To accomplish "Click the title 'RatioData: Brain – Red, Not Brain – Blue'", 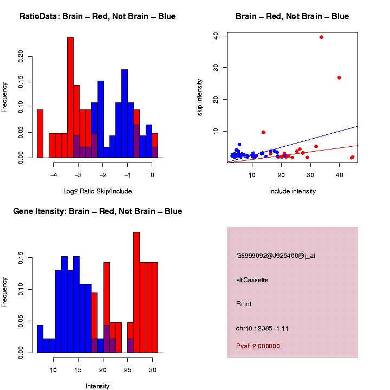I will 97,16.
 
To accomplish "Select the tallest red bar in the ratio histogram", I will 70,97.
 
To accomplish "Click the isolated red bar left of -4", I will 40,133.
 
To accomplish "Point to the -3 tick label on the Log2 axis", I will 77,175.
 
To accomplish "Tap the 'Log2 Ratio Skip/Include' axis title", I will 97,191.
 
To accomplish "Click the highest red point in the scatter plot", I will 322,37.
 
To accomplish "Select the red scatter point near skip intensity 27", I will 339,77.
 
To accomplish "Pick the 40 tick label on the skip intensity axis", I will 216,35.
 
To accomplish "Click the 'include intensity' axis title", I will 292,191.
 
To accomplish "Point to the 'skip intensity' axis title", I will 200,97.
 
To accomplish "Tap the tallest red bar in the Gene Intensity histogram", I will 136,292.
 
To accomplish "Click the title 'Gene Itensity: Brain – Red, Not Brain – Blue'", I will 97,211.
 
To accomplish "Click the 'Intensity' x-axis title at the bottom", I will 97,386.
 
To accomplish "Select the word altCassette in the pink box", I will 252,280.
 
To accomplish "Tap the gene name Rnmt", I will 244,304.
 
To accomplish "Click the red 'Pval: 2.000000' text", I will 258,346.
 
